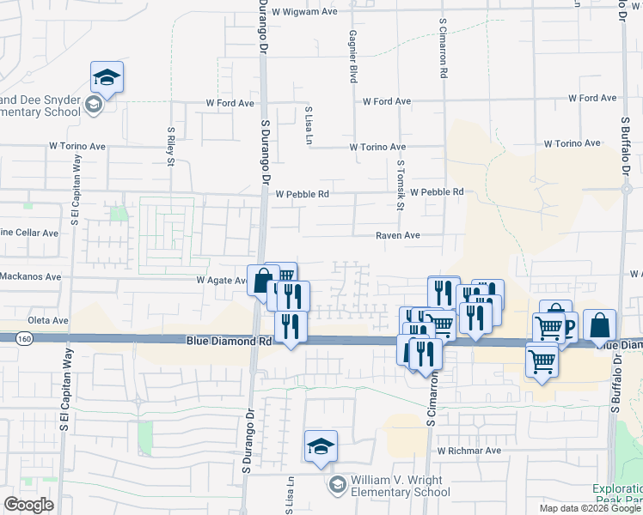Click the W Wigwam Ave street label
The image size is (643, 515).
pyautogui.click(x=304, y=12)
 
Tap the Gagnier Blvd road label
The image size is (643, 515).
pyautogui.click(x=352, y=56)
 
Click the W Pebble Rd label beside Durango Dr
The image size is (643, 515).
pyautogui.click(x=302, y=195)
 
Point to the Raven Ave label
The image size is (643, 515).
pyautogui.click(x=397, y=235)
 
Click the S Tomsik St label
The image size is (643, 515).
pyautogui.click(x=401, y=185)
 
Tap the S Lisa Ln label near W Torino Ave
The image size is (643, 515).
pyautogui.click(x=307, y=124)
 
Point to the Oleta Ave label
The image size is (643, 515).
pyautogui.click(x=47, y=321)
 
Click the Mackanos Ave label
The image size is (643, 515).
pyautogui.click(x=31, y=277)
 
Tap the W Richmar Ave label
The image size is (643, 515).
pyautogui.click(x=468, y=451)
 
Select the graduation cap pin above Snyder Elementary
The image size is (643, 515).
pyautogui.click(x=107, y=76)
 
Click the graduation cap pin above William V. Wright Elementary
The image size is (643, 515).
pyautogui.click(x=321, y=445)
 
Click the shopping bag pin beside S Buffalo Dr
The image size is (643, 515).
pyautogui.click(x=600, y=325)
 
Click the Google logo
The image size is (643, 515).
pyautogui.click(x=29, y=505)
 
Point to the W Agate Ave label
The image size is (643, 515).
pyautogui.click(x=222, y=281)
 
